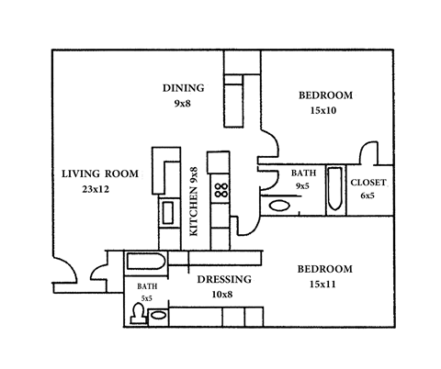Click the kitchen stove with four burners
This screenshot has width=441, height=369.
tap(220, 191)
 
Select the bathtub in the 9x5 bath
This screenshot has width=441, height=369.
tap(334, 189)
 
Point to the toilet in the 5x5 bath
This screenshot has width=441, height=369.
tap(138, 315)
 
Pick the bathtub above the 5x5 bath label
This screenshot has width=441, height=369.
tap(146, 263)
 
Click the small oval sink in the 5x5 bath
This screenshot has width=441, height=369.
tap(158, 317)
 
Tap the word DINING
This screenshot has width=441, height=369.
tap(183, 88)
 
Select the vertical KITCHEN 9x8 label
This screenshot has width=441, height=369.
tap(194, 202)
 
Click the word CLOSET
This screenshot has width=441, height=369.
tap(368, 182)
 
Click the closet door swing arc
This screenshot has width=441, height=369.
tap(368, 151)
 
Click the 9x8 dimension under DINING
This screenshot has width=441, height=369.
tap(183, 104)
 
